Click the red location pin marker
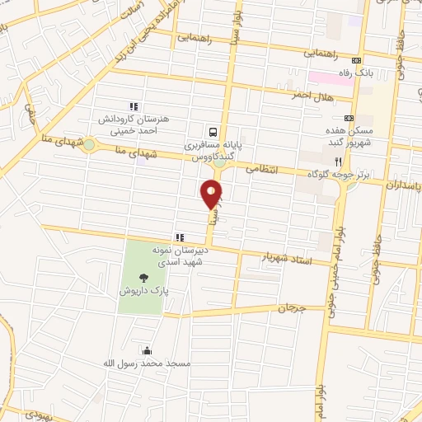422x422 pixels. tap(212, 195)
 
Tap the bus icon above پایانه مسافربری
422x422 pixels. tap(213, 131)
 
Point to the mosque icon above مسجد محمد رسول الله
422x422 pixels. tap(148, 349)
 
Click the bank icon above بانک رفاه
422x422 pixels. tap(356, 60)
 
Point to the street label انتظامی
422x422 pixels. tap(265, 167)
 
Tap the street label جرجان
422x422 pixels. tap(291, 309)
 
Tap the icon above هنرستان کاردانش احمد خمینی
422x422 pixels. tap(133, 105)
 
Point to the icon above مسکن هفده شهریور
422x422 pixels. tap(349, 118)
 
